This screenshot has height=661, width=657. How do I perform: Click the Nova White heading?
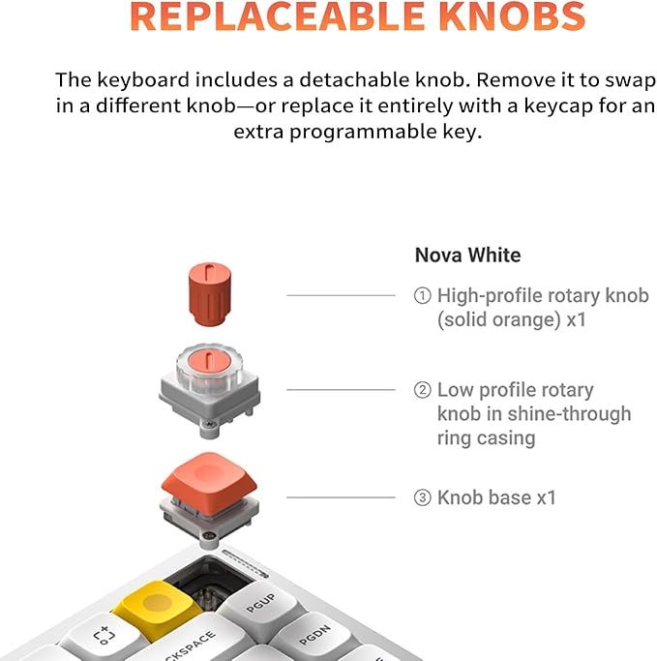(x=467, y=255)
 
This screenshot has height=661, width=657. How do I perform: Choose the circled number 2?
(x=422, y=391)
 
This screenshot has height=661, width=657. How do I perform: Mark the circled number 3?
(x=422, y=498)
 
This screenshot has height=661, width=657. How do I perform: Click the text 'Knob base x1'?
(x=496, y=498)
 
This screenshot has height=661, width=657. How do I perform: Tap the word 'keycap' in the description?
(x=526, y=105)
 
